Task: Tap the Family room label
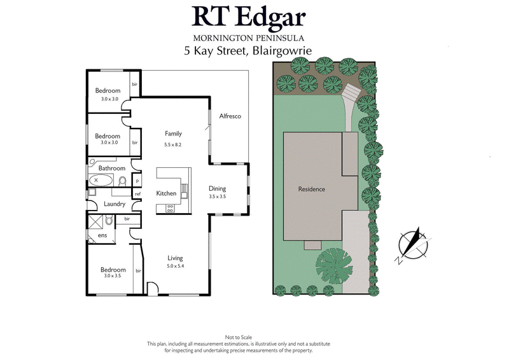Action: pos(174,134)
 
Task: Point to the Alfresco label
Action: pos(230,116)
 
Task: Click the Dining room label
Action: pos(218,188)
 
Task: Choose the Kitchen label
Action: pos(166,193)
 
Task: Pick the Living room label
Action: pos(175,258)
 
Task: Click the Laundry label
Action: pos(115,204)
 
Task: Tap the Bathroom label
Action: pos(111,168)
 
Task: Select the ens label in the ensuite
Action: pos(102,236)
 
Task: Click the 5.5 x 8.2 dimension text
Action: pos(174,144)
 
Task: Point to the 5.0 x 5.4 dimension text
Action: pos(175,267)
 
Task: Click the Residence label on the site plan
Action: pos(312,189)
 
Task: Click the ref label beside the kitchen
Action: pos(137,193)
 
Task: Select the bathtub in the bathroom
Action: pos(101,181)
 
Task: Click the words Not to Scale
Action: pos(239,336)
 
